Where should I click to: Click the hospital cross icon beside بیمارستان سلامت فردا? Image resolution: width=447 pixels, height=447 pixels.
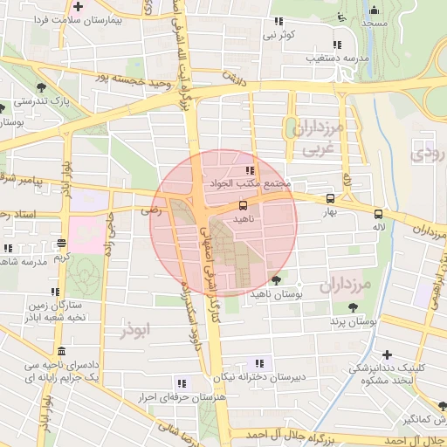tap(79, 7)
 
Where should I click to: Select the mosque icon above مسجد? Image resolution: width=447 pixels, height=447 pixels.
tap(375, 10)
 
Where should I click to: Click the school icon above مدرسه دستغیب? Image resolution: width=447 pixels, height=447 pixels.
tap(336, 45)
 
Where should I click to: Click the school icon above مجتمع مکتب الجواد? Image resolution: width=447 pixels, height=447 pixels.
tap(251, 171)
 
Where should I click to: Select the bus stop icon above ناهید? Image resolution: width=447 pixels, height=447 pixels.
tap(243, 206)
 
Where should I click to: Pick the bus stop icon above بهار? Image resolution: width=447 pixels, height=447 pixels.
tap(329, 198)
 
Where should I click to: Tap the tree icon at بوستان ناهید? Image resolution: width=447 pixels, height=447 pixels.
tap(276, 280)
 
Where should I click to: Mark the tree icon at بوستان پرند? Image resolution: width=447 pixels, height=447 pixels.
tap(352, 307)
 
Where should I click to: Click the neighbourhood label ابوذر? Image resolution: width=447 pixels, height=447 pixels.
tap(138, 330)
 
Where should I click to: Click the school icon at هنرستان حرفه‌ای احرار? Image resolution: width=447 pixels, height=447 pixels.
tap(181, 383)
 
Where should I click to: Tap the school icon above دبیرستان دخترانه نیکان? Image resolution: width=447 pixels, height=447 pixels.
tap(258, 363)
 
